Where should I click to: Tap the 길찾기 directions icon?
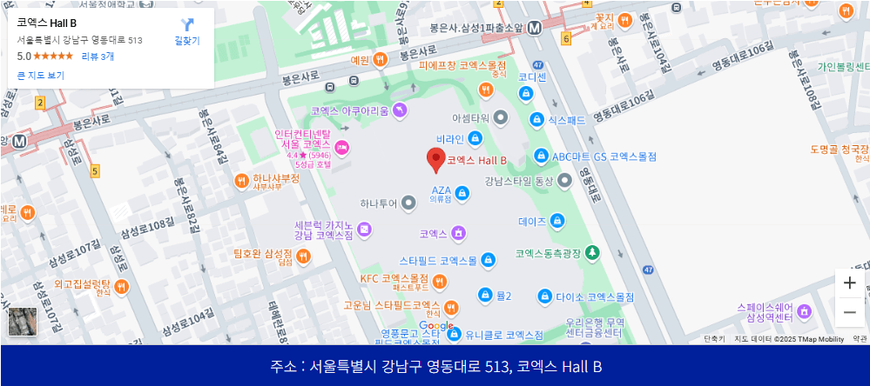[x=187, y=25]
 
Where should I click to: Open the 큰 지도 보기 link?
[x=41, y=76]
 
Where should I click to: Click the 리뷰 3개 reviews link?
[x=98, y=57]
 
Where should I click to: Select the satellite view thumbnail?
[x=23, y=322]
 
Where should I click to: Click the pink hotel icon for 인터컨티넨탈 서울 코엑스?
[x=342, y=148]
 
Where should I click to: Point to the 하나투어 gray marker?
[x=409, y=203]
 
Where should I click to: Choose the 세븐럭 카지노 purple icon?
[x=364, y=230]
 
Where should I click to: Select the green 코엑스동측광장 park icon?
[x=592, y=253]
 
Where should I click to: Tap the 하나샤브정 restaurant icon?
[x=241, y=180]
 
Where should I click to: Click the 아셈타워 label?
[x=470, y=116]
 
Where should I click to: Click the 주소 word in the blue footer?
[x=282, y=367]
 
